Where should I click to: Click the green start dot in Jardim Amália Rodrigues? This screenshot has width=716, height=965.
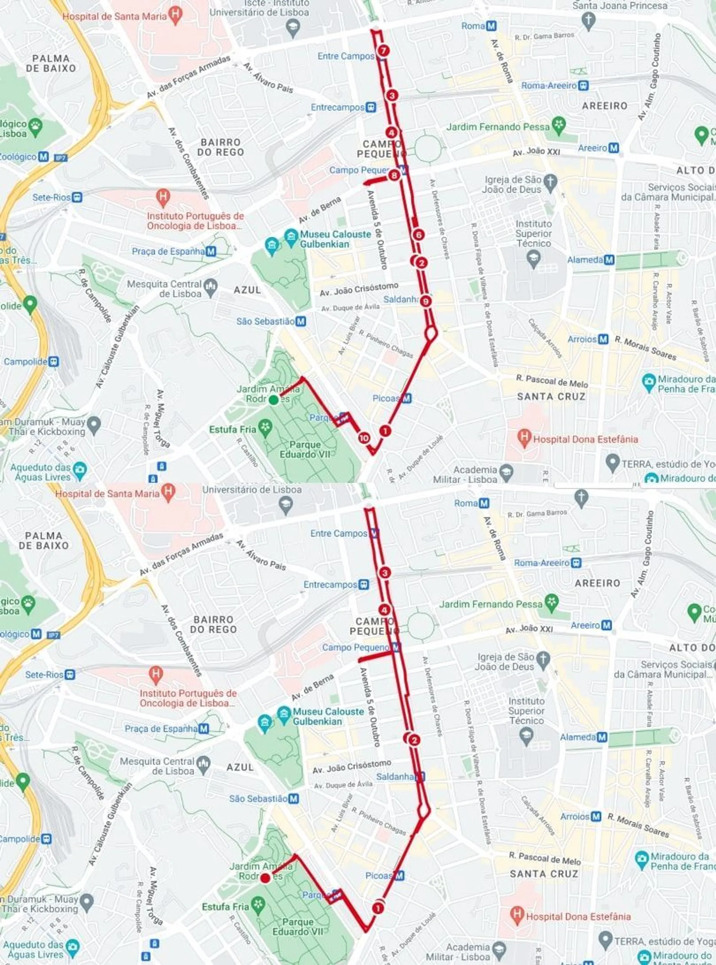[273, 400]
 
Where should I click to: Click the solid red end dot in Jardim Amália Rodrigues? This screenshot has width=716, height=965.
[265, 878]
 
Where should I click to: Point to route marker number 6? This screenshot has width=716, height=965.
[419, 235]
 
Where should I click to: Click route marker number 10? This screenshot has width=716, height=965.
[364, 438]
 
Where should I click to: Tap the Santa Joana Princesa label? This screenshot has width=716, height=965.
[619, 6]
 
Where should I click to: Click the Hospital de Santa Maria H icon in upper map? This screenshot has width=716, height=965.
[175, 16]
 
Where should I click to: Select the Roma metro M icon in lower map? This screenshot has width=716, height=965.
[484, 503]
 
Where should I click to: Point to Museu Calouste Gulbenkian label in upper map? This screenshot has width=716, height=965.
[336, 239]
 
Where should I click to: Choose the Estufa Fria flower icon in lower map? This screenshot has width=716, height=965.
[258, 906]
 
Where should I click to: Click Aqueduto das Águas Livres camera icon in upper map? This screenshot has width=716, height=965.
[80, 470]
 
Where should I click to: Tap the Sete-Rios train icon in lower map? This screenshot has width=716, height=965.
[70, 674]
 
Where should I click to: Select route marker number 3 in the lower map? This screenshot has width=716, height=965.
[384, 573]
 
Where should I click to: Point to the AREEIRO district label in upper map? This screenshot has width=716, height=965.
[604, 106]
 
